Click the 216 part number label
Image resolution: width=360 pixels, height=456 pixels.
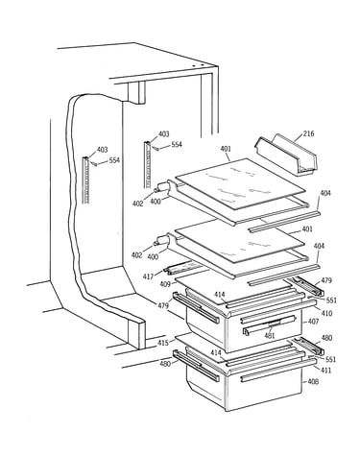(x=309, y=133)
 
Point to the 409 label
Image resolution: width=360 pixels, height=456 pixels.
(x=165, y=283)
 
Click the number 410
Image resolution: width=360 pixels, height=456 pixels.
(x=326, y=313)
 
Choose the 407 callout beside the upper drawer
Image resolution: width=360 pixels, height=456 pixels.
(x=314, y=322)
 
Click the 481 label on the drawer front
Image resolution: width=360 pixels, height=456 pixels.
(x=270, y=336)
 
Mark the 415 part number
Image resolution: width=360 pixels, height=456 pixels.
(x=163, y=343)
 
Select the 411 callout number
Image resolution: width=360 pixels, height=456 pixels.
(x=325, y=371)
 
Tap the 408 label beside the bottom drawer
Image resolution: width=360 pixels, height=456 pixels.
(x=314, y=381)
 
